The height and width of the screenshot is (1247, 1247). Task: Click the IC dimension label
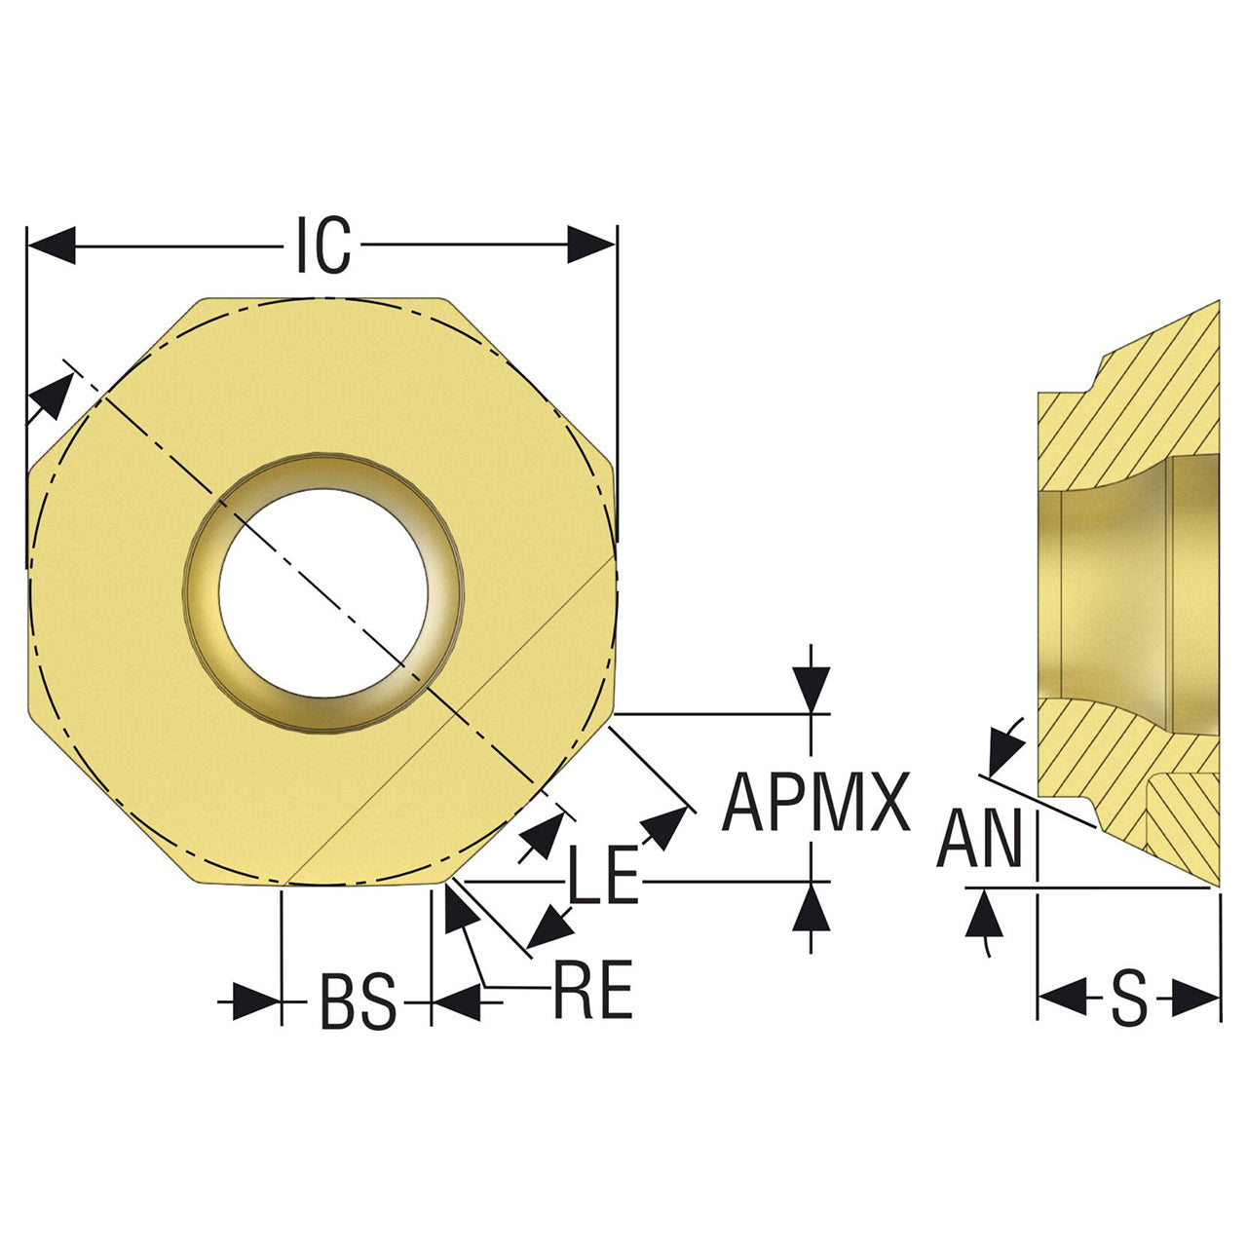pos(323,245)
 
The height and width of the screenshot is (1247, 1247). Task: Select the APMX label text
pos(816,803)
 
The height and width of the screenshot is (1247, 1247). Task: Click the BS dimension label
pos(358,1001)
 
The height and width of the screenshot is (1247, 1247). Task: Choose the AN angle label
pos(980,838)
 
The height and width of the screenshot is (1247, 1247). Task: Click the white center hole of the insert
pos(323,592)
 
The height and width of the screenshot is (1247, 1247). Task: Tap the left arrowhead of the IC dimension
pos(52,246)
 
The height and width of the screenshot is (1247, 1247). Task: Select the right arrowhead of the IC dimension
pos(590,245)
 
